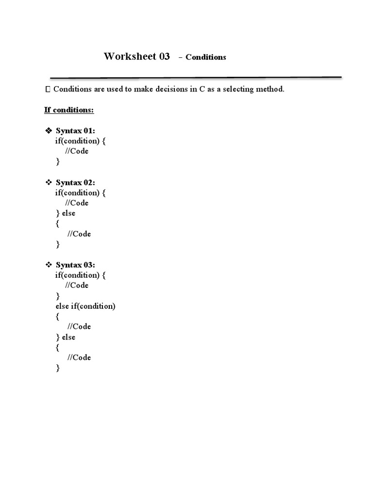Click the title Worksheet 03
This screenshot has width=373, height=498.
pyautogui.click(x=136, y=56)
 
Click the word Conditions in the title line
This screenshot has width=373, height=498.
pyautogui.click(x=205, y=57)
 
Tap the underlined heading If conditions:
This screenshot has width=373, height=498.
pyautogui.click(x=69, y=110)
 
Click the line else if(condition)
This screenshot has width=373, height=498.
pyautogui.click(x=85, y=306)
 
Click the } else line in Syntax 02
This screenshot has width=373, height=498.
pyautogui.click(x=66, y=213)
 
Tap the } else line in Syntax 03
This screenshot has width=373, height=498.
pyautogui.click(x=66, y=337)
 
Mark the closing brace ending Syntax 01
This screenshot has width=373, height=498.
pyautogui.click(x=57, y=162)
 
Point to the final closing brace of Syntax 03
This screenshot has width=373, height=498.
pyautogui.click(x=58, y=368)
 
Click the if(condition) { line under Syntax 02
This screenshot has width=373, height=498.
pyautogui.click(x=80, y=193)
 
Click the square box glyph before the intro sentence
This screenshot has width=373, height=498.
pyautogui.click(x=47, y=89)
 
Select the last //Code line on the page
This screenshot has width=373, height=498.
pyautogui.click(x=79, y=357)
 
